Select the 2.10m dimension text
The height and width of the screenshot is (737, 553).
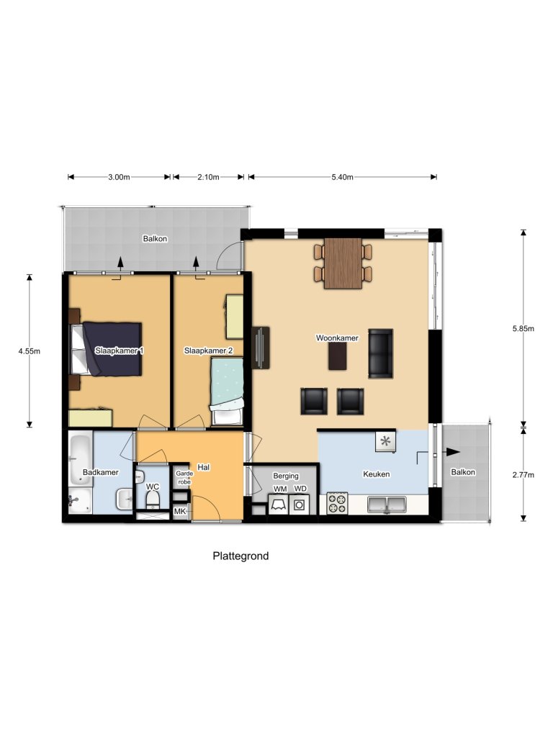207,177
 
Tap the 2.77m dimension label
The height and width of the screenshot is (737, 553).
523,474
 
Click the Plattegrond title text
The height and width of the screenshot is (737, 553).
240,556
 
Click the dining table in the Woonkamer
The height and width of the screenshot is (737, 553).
343,263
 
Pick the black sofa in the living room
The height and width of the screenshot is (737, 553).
380,353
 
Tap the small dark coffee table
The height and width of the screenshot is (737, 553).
337,356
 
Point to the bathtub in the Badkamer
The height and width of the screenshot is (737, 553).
78,459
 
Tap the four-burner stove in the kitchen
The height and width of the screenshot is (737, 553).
337,502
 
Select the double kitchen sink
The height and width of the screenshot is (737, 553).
387,505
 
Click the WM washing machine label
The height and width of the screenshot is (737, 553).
279,489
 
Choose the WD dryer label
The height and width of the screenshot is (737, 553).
300,489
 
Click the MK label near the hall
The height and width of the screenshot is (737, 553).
180,511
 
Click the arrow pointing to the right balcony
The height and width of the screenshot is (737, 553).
451,452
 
